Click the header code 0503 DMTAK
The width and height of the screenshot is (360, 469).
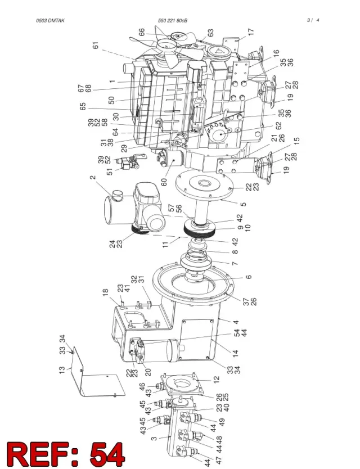(x=50, y=20)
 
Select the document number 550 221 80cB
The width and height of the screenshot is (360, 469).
(x=173, y=20)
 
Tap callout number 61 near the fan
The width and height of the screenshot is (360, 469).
(x=96, y=46)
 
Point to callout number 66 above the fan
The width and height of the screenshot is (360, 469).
(x=142, y=32)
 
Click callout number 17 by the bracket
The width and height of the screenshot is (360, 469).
(x=251, y=31)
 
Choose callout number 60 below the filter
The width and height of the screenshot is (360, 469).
(x=164, y=182)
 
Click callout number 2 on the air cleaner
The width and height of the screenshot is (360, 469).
(x=93, y=177)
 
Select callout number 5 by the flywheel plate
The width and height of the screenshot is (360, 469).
(x=244, y=204)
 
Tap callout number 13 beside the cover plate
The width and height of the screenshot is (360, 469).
(x=62, y=370)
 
